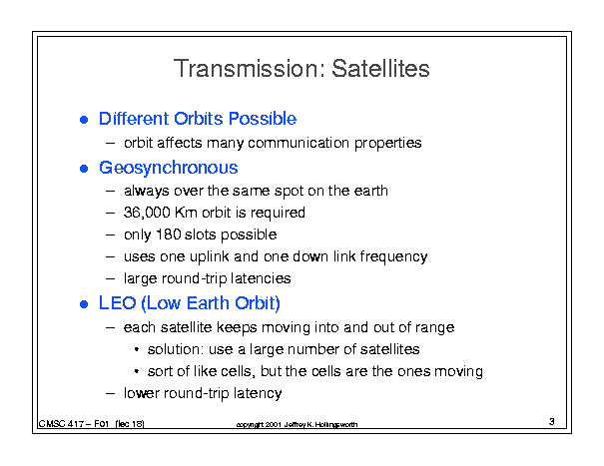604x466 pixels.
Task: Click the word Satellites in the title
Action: (380, 69)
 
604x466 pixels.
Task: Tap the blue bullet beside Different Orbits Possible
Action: (84, 120)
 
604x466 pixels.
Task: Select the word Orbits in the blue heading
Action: (199, 119)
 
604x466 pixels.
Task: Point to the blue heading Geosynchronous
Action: (169, 168)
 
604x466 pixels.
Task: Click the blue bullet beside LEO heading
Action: (84, 304)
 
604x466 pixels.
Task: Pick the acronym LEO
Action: (118, 303)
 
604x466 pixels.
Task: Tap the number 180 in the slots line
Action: (169, 234)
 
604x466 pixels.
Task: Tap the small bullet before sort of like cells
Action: (137, 371)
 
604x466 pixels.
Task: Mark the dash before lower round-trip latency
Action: (110, 393)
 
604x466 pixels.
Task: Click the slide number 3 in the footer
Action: (552, 422)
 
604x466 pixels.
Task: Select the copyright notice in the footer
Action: (297, 424)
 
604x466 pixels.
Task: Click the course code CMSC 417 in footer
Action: (61, 424)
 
